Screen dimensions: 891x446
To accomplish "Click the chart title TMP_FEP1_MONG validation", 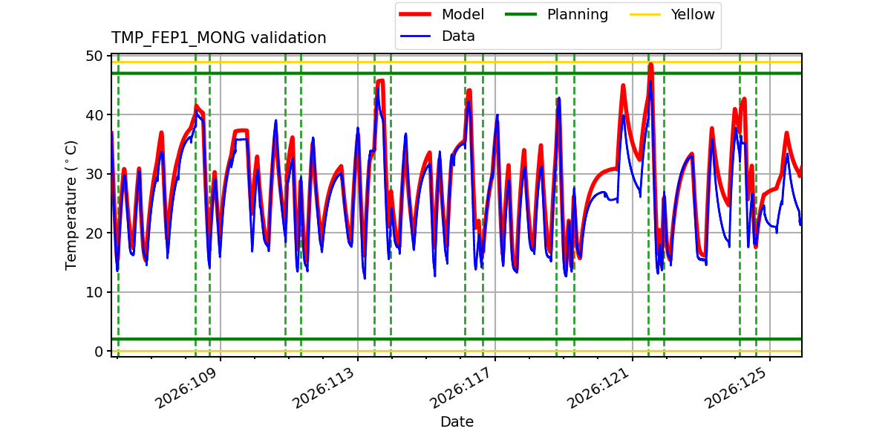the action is click(218, 38).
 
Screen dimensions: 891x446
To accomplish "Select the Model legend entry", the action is click(442, 14).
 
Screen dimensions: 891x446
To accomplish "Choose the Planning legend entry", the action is click(556, 14).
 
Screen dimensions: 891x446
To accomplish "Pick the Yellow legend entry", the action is click(672, 14).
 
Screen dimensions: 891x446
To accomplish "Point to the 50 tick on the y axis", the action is click(94, 56).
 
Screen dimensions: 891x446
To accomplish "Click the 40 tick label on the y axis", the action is click(94, 115).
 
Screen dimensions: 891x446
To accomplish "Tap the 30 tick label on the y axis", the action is click(94, 174).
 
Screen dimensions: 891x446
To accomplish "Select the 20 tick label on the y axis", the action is click(94, 233).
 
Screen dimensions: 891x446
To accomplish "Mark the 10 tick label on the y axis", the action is click(94, 292).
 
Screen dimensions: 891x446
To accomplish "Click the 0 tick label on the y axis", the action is click(99, 351).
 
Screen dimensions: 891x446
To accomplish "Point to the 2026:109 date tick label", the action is click(186, 388).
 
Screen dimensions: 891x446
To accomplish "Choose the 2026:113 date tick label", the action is click(324, 388).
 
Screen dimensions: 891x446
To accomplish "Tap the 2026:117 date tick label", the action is click(461, 388).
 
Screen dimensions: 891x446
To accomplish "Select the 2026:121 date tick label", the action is click(598, 388).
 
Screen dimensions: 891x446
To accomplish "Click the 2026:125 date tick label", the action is click(736, 388).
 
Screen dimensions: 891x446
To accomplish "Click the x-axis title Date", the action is click(457, 421).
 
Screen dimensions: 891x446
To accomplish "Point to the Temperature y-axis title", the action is click(71, 205).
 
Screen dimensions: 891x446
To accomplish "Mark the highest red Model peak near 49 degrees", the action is click(650, 65).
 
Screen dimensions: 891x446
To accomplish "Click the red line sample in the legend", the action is click(415, 14).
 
